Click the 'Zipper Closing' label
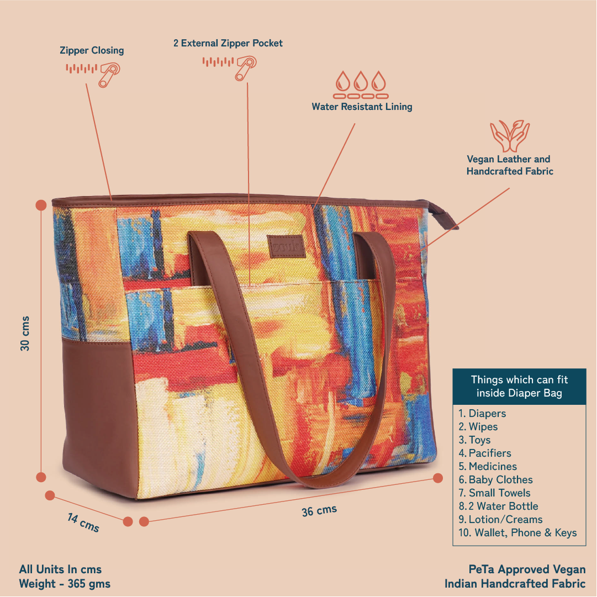click(92, 50)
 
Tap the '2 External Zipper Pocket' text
click(228, 43)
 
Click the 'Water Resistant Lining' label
click(362, 107)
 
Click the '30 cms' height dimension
click(25, 334)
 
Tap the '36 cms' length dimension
click(319, 511)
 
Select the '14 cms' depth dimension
click(83, 522)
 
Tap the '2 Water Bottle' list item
click(498, 506)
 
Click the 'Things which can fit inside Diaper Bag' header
click(519, 387)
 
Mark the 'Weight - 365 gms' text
click(65, 584)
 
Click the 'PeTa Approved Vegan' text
click(527, 569)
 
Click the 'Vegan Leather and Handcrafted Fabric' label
click(509, 165)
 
